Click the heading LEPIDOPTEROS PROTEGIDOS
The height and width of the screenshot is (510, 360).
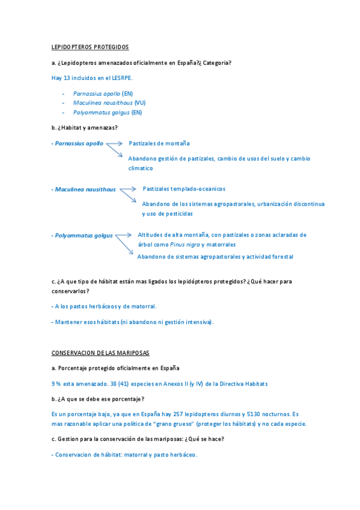point(90,47)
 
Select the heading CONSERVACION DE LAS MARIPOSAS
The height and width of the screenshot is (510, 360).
point(100,352)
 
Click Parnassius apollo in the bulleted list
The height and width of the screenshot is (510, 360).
point(96,94)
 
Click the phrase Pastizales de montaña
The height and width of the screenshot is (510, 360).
point(159,144)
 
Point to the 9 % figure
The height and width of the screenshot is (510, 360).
point(56,384)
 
